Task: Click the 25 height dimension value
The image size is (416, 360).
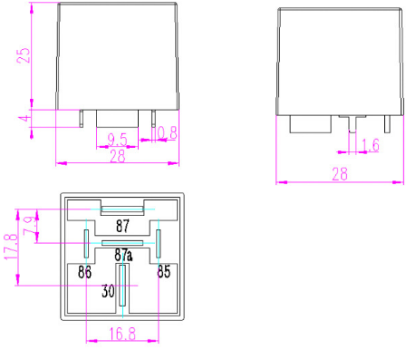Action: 25,54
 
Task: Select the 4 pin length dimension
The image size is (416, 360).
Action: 25,118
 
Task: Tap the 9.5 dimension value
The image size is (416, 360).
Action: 116,138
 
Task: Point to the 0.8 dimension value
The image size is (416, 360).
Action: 167,133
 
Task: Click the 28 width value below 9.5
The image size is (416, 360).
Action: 118,156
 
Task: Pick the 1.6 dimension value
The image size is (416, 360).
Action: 370,144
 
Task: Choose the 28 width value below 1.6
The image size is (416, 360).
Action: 340,175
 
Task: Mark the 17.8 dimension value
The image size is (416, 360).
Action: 11,247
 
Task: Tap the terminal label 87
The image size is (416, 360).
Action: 122,225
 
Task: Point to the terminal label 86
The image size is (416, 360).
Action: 84,271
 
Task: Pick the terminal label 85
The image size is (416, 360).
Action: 163,271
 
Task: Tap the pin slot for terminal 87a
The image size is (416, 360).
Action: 121,244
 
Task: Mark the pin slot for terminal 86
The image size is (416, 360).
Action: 86,243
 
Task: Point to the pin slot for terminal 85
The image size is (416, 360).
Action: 158,243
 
